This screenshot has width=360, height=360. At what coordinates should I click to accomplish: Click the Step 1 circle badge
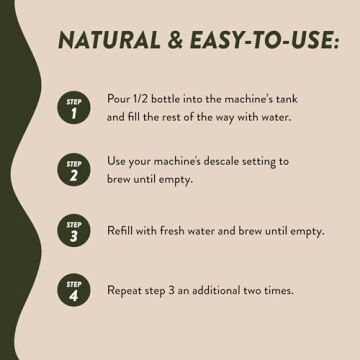pos(74,108)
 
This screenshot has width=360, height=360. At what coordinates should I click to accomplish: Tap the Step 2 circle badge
pos(74,169)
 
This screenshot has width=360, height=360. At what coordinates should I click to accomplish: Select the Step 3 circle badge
pos(74,230)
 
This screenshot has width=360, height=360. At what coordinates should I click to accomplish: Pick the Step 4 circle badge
pos(74,290)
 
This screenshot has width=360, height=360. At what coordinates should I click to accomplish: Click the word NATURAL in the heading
pos(110,40)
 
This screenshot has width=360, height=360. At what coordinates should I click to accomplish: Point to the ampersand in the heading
pos(176,40)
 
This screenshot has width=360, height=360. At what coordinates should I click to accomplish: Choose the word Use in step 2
pos(116,161)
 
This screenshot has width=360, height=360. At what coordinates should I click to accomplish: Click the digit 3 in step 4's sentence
pos(170,291)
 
